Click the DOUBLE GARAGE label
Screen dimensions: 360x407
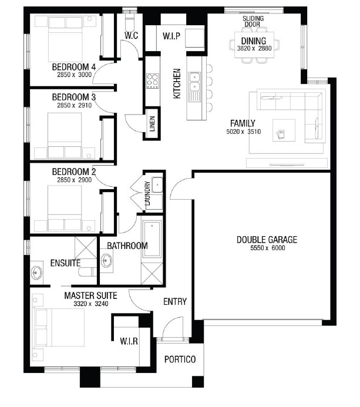(x=267, y=239)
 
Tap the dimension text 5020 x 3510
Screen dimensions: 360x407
(x=244, y=132)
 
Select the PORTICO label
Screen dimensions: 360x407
(x=180, y=359)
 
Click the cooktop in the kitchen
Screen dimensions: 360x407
(x=152, y=80)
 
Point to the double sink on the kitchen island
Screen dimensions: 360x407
(x=194, y=81)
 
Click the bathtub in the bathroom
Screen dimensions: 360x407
(x=152, y=239)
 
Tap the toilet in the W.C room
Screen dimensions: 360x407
(x=129, y=22)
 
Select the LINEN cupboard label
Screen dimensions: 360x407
(x=152, y=123)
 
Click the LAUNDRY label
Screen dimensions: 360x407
(x=147, y=193)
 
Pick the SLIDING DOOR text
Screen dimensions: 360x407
(x=253, y=21)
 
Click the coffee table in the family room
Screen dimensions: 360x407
(x=284, y=130)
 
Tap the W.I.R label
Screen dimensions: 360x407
(x=129, y=341)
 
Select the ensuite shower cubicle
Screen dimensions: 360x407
(x=86, y=247)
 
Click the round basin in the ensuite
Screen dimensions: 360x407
(x=36, y=273)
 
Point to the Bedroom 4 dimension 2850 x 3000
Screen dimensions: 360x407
(x=74, y=75)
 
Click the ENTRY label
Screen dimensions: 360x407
(x=175, y=301)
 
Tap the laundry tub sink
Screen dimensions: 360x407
(x=157, y=184)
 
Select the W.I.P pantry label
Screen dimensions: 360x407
(x=171, y=36)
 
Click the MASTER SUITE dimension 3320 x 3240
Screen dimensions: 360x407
(x=91, y=304)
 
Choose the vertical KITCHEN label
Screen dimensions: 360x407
(x=177, y=83)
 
